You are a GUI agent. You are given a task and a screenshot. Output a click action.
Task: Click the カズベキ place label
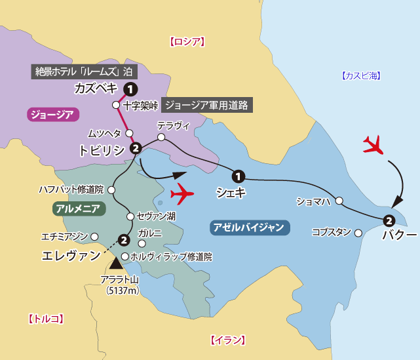[x=96, y=89]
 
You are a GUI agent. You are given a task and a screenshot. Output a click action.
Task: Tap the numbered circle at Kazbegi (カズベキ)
[x=131, y=89]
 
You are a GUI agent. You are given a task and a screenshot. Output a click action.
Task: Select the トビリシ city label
[x=101, y=150]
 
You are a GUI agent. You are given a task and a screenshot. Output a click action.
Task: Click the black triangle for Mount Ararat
[x=117, y=264]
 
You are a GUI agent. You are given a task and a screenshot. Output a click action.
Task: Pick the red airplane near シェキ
[x=182, y=195]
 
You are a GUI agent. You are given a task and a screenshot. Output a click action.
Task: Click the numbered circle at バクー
[x=389, y=220]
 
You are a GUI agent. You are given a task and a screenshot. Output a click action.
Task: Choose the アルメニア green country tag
[x=78, y=209]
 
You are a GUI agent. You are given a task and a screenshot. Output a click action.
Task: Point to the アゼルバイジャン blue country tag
[x=249, y=228]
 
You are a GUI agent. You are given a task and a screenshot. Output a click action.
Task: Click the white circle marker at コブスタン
[x=358, y=233]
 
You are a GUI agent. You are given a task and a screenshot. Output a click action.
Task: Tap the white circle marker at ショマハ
[x=339, y=201]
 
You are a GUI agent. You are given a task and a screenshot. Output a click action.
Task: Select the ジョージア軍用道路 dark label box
[x=206, y=105]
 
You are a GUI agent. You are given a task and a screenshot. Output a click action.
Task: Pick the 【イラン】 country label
[x=228, y=340]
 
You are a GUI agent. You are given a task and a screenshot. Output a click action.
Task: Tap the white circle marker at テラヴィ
[x=161, y=138]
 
